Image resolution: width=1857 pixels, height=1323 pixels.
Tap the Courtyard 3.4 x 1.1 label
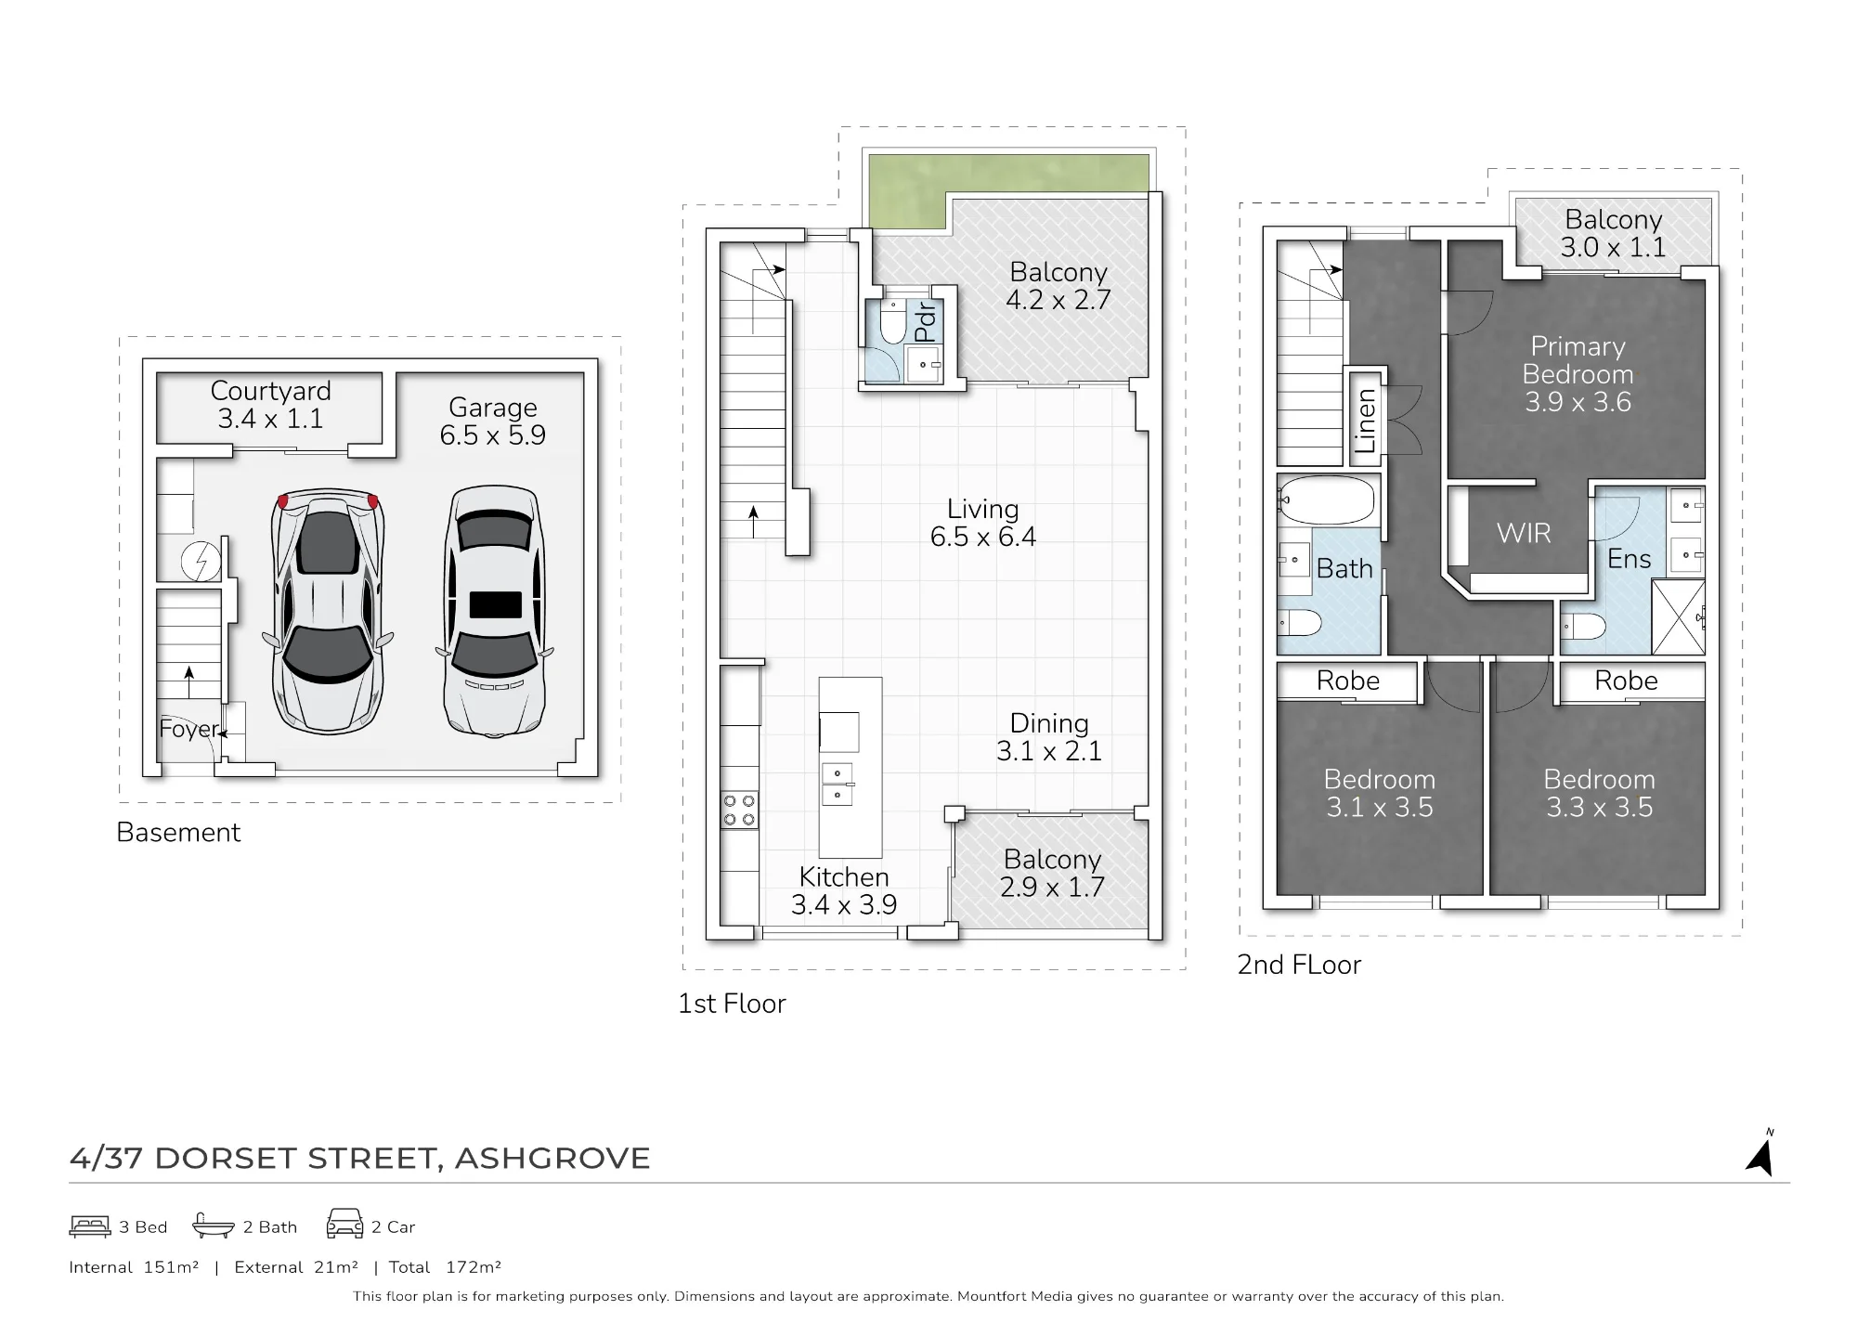[270, 405]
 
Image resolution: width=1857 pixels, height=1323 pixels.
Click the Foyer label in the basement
[188, 729]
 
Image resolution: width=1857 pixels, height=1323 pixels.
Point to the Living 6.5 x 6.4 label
[983, 523]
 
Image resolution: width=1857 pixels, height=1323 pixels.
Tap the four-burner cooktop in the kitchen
[739, 810]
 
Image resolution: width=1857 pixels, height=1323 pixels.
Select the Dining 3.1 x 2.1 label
[1049, 737]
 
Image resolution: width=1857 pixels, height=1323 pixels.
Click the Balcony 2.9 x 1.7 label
[1052, 873]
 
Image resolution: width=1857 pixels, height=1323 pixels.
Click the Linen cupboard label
[1365, 422]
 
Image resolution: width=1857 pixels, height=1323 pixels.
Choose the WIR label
[1524, 533]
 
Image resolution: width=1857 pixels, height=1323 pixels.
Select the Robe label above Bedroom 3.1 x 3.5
[1348, 681]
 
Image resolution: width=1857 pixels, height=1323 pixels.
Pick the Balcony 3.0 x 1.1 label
[1613, 233]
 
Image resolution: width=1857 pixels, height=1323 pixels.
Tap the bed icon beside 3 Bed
[90, 1226]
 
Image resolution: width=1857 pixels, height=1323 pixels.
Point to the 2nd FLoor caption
[1299, 965]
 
